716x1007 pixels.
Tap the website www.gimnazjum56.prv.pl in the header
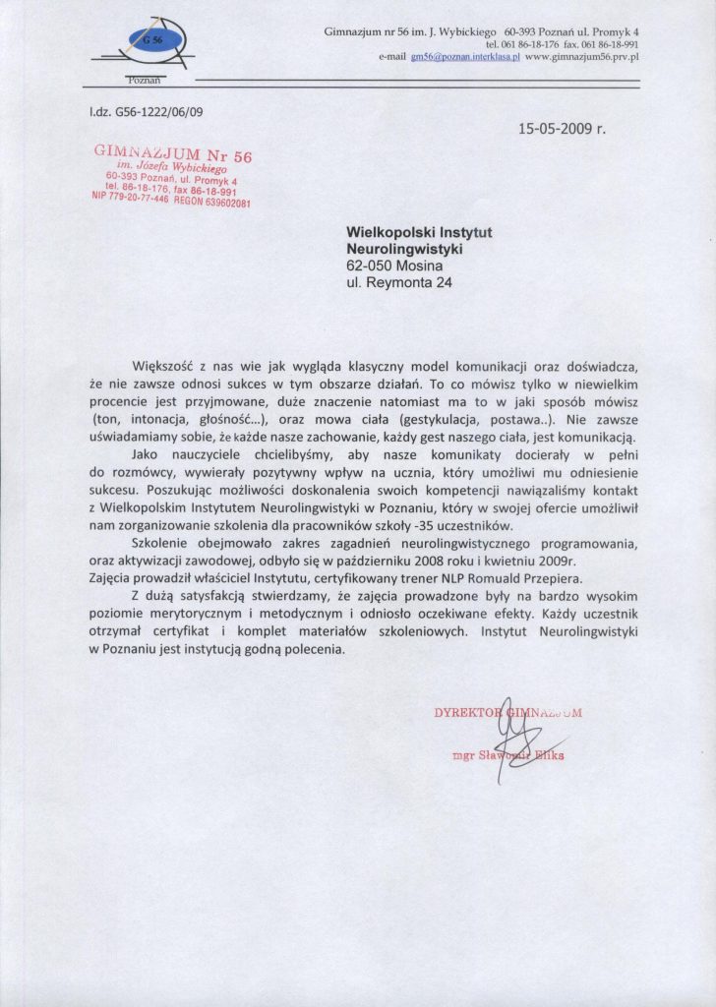coord(582,58)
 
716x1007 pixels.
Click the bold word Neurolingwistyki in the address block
coord(404,249)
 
